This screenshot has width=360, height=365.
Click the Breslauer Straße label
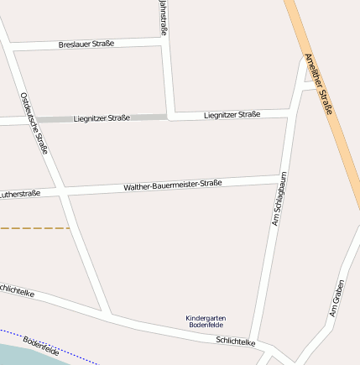click(86, 44)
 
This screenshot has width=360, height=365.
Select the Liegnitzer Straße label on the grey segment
click(102, 118)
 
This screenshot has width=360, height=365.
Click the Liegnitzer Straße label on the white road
click(232, 114)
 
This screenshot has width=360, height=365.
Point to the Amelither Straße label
click(320, 85)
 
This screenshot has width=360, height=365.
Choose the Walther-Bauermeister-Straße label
click(172, 185)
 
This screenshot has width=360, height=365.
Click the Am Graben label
click(336, 298)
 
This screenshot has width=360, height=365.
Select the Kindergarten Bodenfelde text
click(206, 321)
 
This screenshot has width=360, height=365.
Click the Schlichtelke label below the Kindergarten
click(235, 341)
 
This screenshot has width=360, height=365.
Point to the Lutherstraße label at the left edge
click(20, 195)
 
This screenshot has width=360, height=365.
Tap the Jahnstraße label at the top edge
click(162, 17)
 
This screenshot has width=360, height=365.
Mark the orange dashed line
click(34, 227)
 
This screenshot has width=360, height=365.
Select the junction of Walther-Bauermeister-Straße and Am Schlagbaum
click(280, 180)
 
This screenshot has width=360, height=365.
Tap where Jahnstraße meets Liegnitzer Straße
click(170, 116)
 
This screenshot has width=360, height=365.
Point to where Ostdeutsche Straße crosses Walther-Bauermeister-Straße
click(63, 192)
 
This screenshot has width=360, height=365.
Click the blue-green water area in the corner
click(25, 356)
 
